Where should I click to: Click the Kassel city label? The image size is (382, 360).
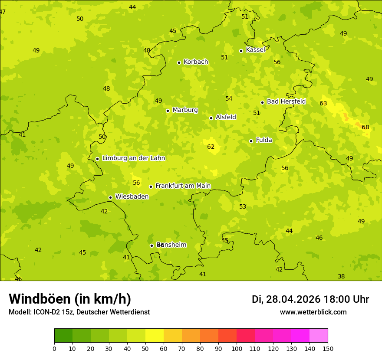point(255,50)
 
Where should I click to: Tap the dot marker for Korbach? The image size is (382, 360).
point(179,62)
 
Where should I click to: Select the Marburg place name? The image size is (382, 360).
point(185,110)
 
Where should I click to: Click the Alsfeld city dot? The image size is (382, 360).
point(211,118)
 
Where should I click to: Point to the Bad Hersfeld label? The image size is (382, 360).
point(286,101)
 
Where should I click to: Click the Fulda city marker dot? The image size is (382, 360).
point(251,141)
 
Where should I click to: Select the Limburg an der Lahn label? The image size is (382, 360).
point(133,158)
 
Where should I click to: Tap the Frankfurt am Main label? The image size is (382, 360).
point(183,186)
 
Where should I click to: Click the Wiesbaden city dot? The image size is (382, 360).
point(110,197)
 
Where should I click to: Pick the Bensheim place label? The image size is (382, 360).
point(171,245)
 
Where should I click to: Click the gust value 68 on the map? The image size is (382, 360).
point(365,128)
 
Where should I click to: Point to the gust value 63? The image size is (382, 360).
point(323,104)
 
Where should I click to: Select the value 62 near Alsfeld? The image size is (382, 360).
point(211,147)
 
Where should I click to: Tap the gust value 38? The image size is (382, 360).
point(341,277)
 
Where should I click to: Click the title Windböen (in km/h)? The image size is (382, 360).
point(70,299)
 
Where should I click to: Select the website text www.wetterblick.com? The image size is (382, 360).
point(313,312)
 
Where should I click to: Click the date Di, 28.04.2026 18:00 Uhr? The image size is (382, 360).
point(310,299)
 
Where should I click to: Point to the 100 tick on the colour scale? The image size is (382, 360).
point(237,348)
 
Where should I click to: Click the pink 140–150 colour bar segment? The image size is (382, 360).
point(319,336)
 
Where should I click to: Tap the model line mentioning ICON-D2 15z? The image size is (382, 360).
point(79,312)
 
